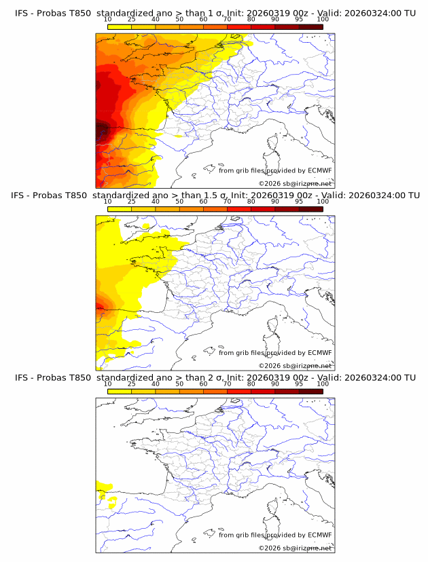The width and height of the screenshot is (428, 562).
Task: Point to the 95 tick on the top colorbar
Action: coord(299,20)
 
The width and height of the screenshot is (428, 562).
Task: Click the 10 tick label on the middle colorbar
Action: coord(108,202)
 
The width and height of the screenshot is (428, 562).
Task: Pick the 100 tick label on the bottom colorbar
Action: coord(323,383)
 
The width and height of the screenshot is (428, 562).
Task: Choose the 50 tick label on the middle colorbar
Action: coord(179,202)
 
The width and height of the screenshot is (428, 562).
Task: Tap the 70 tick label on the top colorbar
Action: coord(227,20)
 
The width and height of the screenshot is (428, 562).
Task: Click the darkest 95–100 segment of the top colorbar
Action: coord(310,27)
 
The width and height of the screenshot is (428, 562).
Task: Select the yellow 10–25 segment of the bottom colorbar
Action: coord(120,391)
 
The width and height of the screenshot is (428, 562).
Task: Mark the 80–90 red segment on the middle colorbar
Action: coord(263,209)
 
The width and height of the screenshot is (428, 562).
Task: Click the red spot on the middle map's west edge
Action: coord(99,307)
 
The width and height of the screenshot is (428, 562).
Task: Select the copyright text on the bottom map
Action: coord(295,548)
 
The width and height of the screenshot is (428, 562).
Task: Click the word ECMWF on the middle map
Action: coord(319,353)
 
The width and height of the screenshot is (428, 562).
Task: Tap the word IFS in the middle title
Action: coord(22,195)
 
